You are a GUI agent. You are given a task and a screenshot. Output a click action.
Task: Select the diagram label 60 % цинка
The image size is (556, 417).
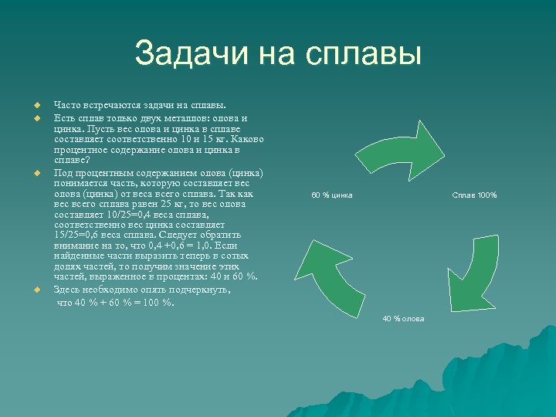332,195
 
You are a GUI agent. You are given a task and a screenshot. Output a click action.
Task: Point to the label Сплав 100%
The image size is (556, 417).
474,195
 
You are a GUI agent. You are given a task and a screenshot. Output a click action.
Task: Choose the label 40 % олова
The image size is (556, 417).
403,318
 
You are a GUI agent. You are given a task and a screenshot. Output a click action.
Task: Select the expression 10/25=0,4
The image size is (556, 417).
115,214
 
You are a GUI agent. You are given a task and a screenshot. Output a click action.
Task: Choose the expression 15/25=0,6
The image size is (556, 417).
84,235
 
